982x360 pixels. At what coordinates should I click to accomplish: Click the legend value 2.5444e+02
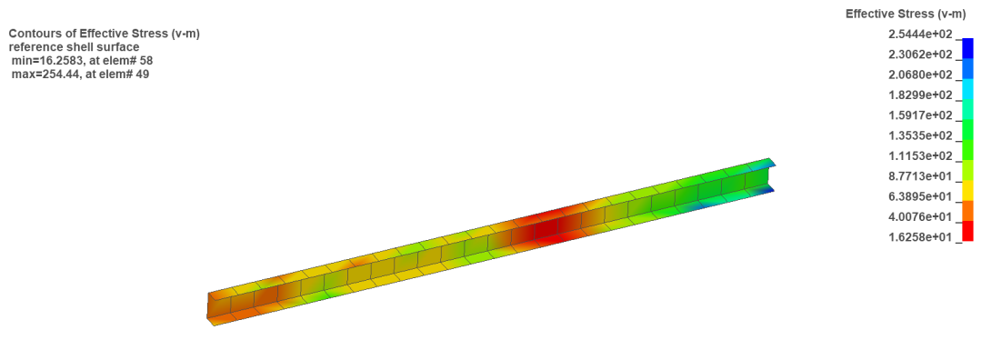(920, 35)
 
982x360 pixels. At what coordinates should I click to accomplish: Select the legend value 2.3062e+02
(920, 55)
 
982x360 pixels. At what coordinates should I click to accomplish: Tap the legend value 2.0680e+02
(920, 75)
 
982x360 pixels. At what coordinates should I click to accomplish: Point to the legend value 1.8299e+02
(920, 95)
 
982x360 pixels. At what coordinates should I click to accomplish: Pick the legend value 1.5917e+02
(920, 115)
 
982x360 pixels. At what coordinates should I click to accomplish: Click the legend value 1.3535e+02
(920, 135)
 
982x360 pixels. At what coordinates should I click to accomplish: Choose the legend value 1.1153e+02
(920, 155)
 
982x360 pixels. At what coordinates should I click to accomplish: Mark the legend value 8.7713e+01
(920, 176)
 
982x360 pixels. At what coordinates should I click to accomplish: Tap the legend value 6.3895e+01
(920, 196)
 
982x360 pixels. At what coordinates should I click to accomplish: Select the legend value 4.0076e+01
(920, 216)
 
